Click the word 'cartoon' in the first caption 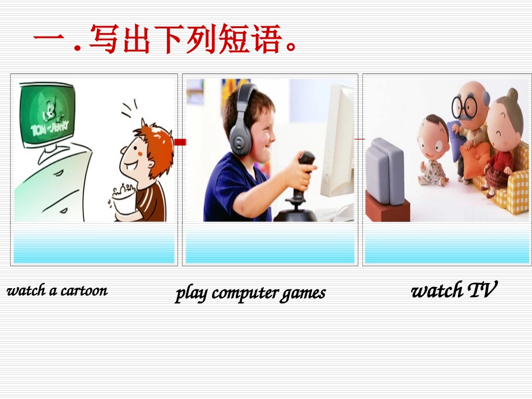(x=84, y=290)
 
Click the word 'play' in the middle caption (x=190, y=293)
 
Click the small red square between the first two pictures (x=180, y=142)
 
